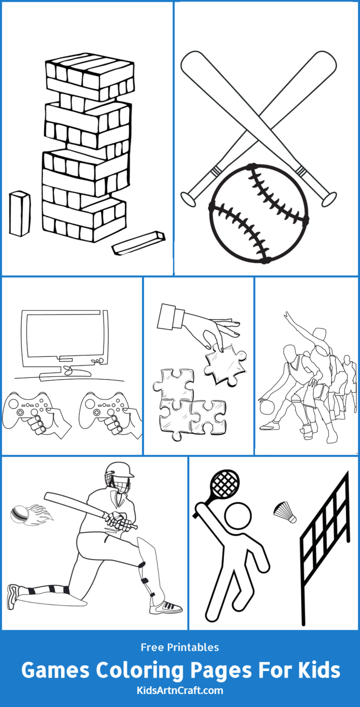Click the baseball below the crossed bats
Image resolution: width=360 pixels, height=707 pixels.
[x=259, y=213]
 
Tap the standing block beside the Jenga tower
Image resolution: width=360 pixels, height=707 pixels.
[x=20, y=213]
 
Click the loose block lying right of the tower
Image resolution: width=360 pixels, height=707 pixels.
[x=138, y=242]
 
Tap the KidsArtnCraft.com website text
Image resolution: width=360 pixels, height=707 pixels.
[x=180, y=690]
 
